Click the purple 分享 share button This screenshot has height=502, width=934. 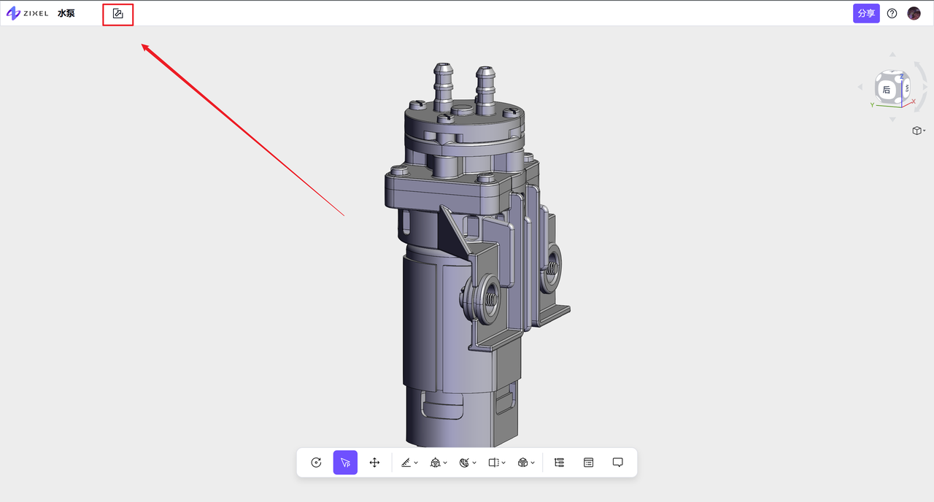(866, 13)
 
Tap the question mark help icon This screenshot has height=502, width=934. (892, 13)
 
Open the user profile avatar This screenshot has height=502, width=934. (914, 13)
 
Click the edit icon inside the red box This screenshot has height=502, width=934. (118, 14)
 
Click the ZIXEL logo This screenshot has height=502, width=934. (28, 13)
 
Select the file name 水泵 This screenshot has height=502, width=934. (66, 13)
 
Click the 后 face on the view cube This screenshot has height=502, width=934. (887, 90)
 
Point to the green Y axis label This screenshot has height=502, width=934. (872, 105)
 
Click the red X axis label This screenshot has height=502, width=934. (913, 101)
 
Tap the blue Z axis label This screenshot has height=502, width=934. (901, 77)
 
